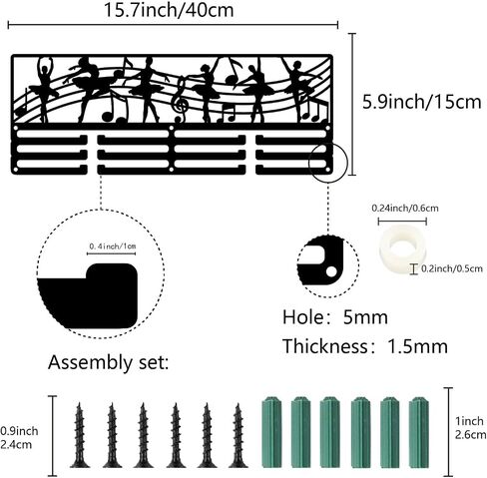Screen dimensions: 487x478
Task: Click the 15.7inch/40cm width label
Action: coord(169,10)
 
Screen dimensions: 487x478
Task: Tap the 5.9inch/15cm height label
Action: coord(422,102)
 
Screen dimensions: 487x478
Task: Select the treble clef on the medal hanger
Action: coord(180,99)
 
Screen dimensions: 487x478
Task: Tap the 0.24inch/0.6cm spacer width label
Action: coord(405,209)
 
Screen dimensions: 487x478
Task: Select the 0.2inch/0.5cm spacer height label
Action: coord(452,268)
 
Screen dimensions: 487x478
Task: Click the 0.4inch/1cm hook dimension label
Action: coord(113,246)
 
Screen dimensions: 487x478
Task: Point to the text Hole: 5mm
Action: coord(335,317)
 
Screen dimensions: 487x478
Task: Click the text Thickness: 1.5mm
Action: coord(365,346)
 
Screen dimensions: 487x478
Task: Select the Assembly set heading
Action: coord(108,362)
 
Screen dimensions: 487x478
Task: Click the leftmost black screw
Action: coord(80,435)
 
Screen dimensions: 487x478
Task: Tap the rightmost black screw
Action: coord(239,435)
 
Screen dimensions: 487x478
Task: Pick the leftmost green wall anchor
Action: coord(272,432)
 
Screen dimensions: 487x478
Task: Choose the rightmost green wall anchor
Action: coord(419,432)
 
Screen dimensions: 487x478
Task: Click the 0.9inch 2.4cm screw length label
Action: coord(19,438)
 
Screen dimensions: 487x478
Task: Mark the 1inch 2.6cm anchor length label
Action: coord(470,428)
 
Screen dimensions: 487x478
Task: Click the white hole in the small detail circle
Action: coord(331,271)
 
